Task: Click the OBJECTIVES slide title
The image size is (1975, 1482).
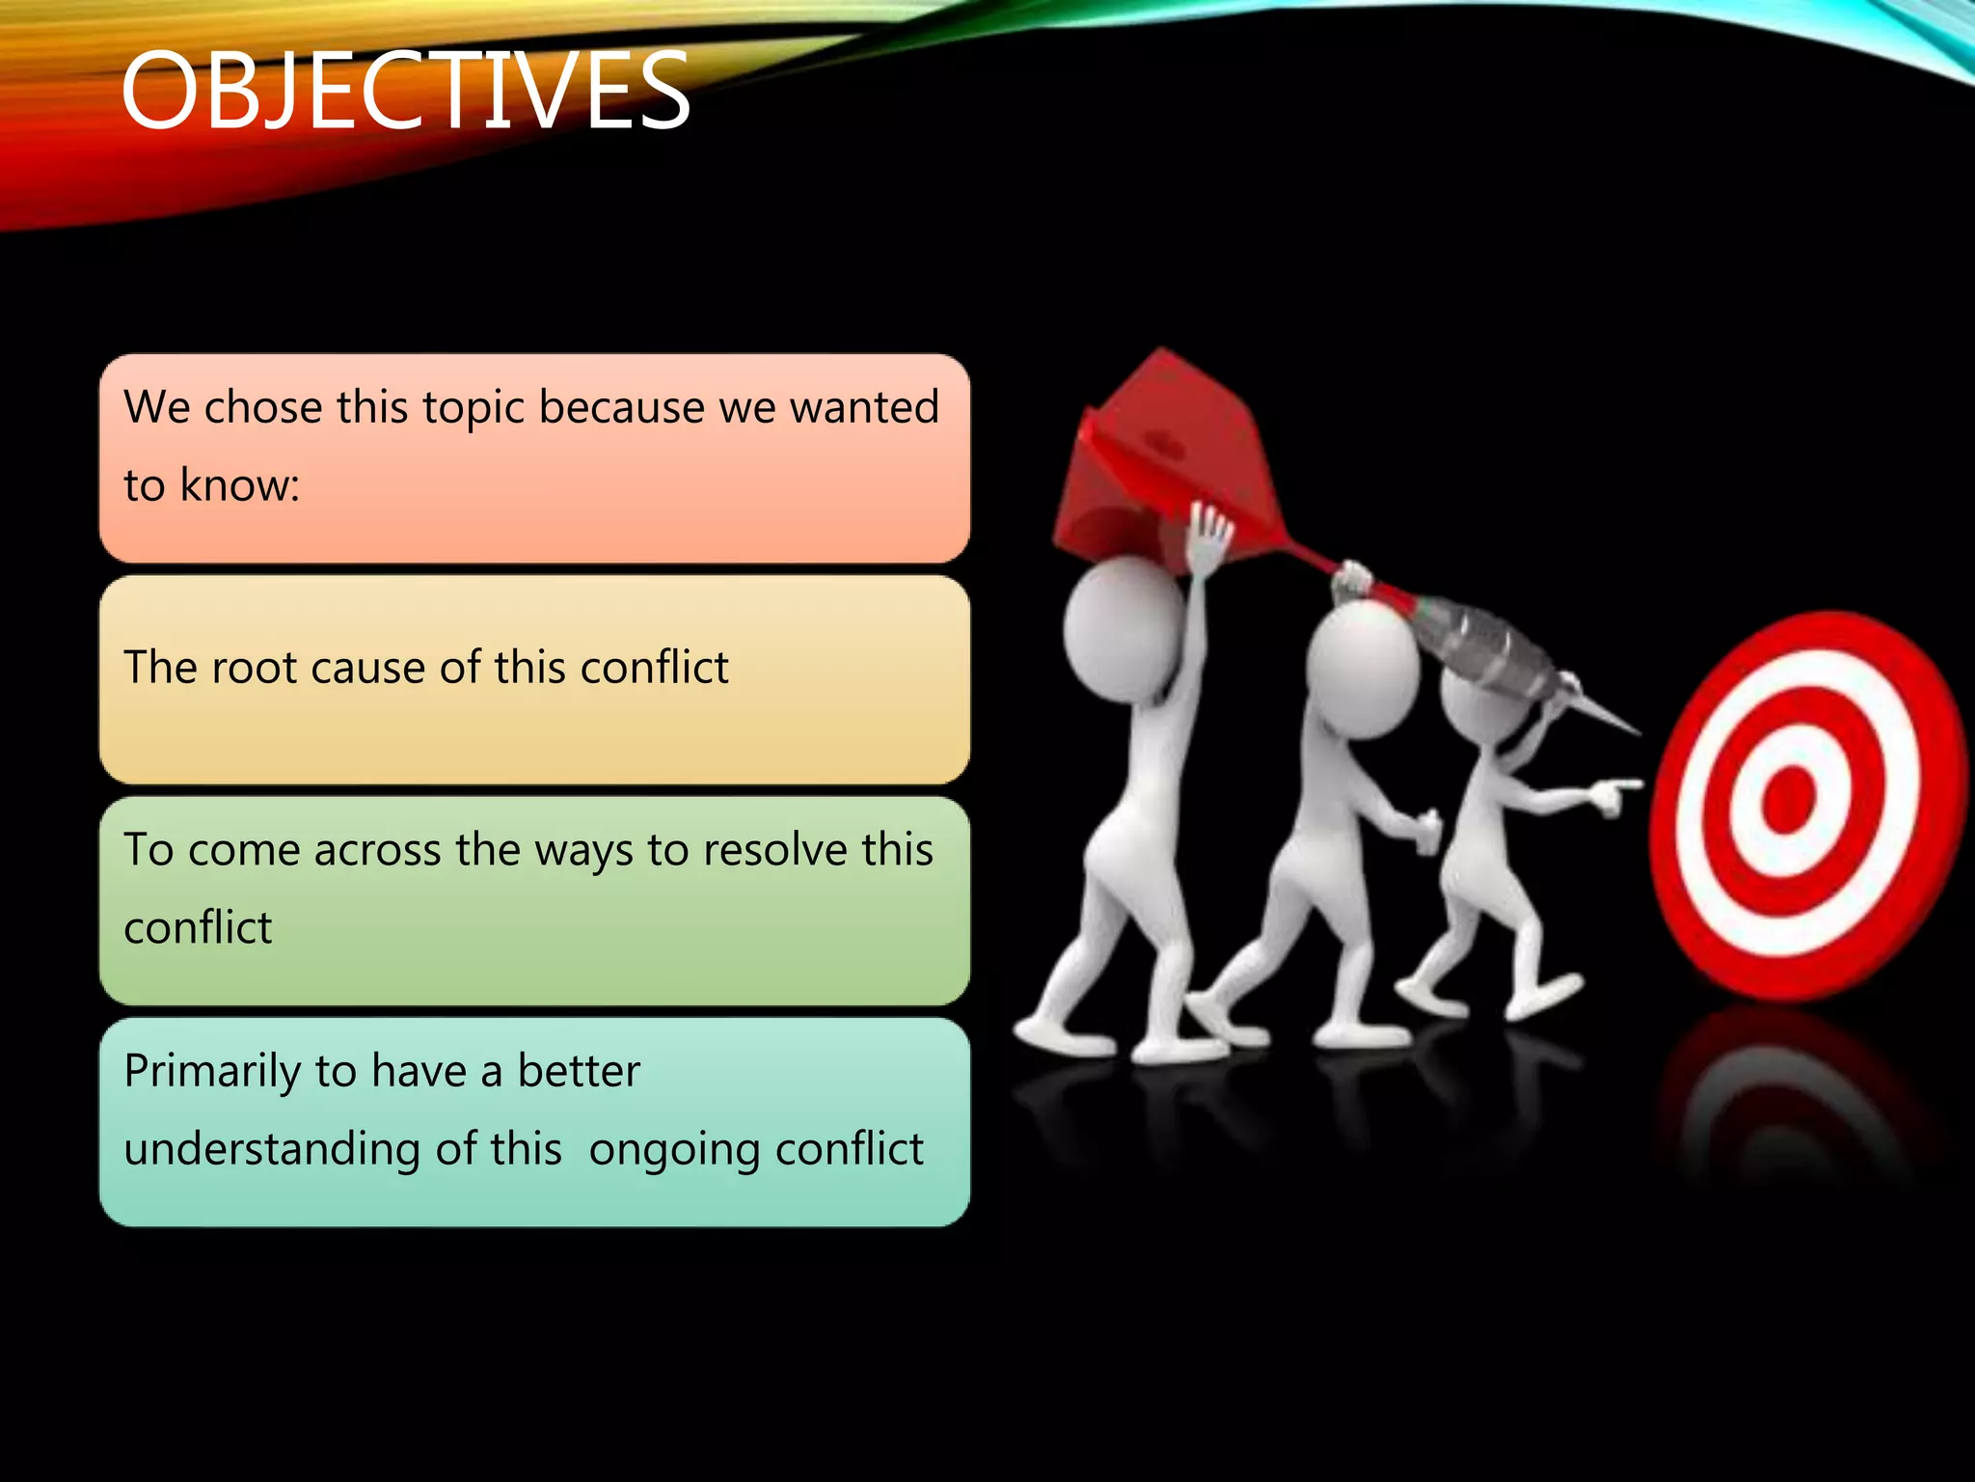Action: tap(405, 92)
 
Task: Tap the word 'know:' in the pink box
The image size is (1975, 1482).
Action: tap(240, 485)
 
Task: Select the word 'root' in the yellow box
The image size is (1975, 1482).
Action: tap(254, 668)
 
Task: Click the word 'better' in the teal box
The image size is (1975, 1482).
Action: tap(579, 1071)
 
